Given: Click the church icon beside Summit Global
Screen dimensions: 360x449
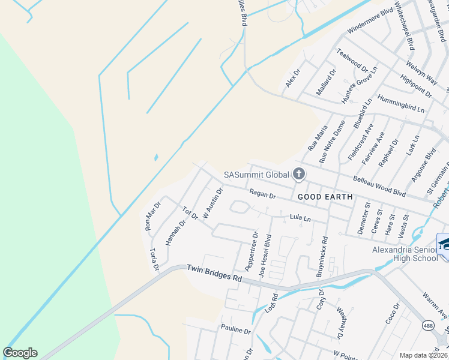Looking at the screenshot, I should pyautogui.click(x=298, y=175).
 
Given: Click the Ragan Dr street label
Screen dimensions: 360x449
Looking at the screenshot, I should pyautogui.click(x=262, y=194).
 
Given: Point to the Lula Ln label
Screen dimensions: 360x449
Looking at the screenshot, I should pyautogui.click(x=300, y=218).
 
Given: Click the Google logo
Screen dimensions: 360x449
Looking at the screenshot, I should pyautogui.click(x=20, y=353).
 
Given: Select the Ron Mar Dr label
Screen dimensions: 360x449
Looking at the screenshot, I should pyautogui.click(x=149, y=217).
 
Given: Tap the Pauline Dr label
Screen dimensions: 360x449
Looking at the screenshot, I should pyautogui.click(x=235, y=330).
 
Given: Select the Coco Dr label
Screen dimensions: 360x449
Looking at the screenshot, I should pyautogui.click(x=393, y=315).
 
